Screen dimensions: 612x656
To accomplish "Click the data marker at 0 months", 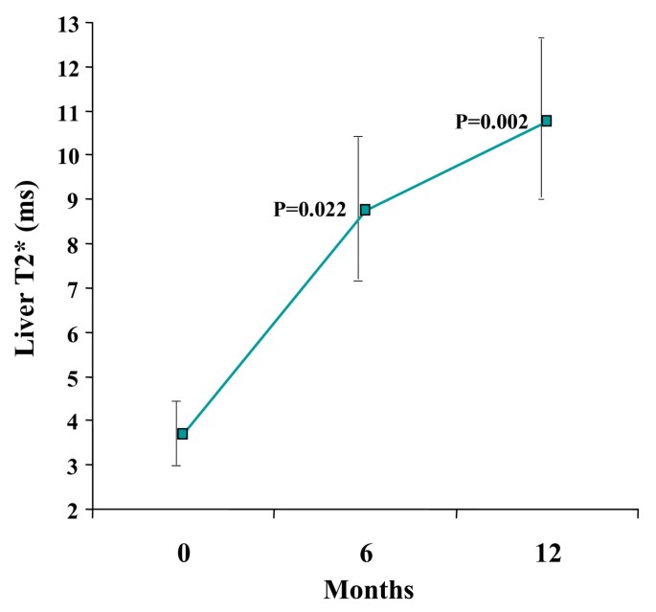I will click(182, 434).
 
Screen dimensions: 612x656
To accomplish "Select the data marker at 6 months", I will click(365, 210).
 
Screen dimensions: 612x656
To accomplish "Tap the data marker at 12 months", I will click(547, 121).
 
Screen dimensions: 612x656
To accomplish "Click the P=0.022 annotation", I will click(309, 210).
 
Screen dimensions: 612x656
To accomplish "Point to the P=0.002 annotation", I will click(491, 122).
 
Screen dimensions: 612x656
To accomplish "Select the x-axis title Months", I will click(369, 589).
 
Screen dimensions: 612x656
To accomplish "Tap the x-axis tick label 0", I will click(182, 554).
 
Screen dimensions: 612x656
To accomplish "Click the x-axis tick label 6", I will click(365, 554).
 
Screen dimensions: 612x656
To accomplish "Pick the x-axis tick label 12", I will click(547, 554).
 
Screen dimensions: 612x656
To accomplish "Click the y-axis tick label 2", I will click(73, 510).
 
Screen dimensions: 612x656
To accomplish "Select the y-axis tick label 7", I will click(73, 288).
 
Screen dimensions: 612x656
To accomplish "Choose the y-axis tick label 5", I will click(73, 376).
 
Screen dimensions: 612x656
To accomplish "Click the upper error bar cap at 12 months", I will click(541, 37).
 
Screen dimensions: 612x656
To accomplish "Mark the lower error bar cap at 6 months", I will click(359, 281).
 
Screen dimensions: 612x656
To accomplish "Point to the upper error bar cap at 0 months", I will click(176, 401).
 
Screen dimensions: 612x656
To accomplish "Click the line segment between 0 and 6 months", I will click(273, 322).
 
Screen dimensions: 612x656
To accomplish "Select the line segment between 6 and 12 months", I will click(456, 166).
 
